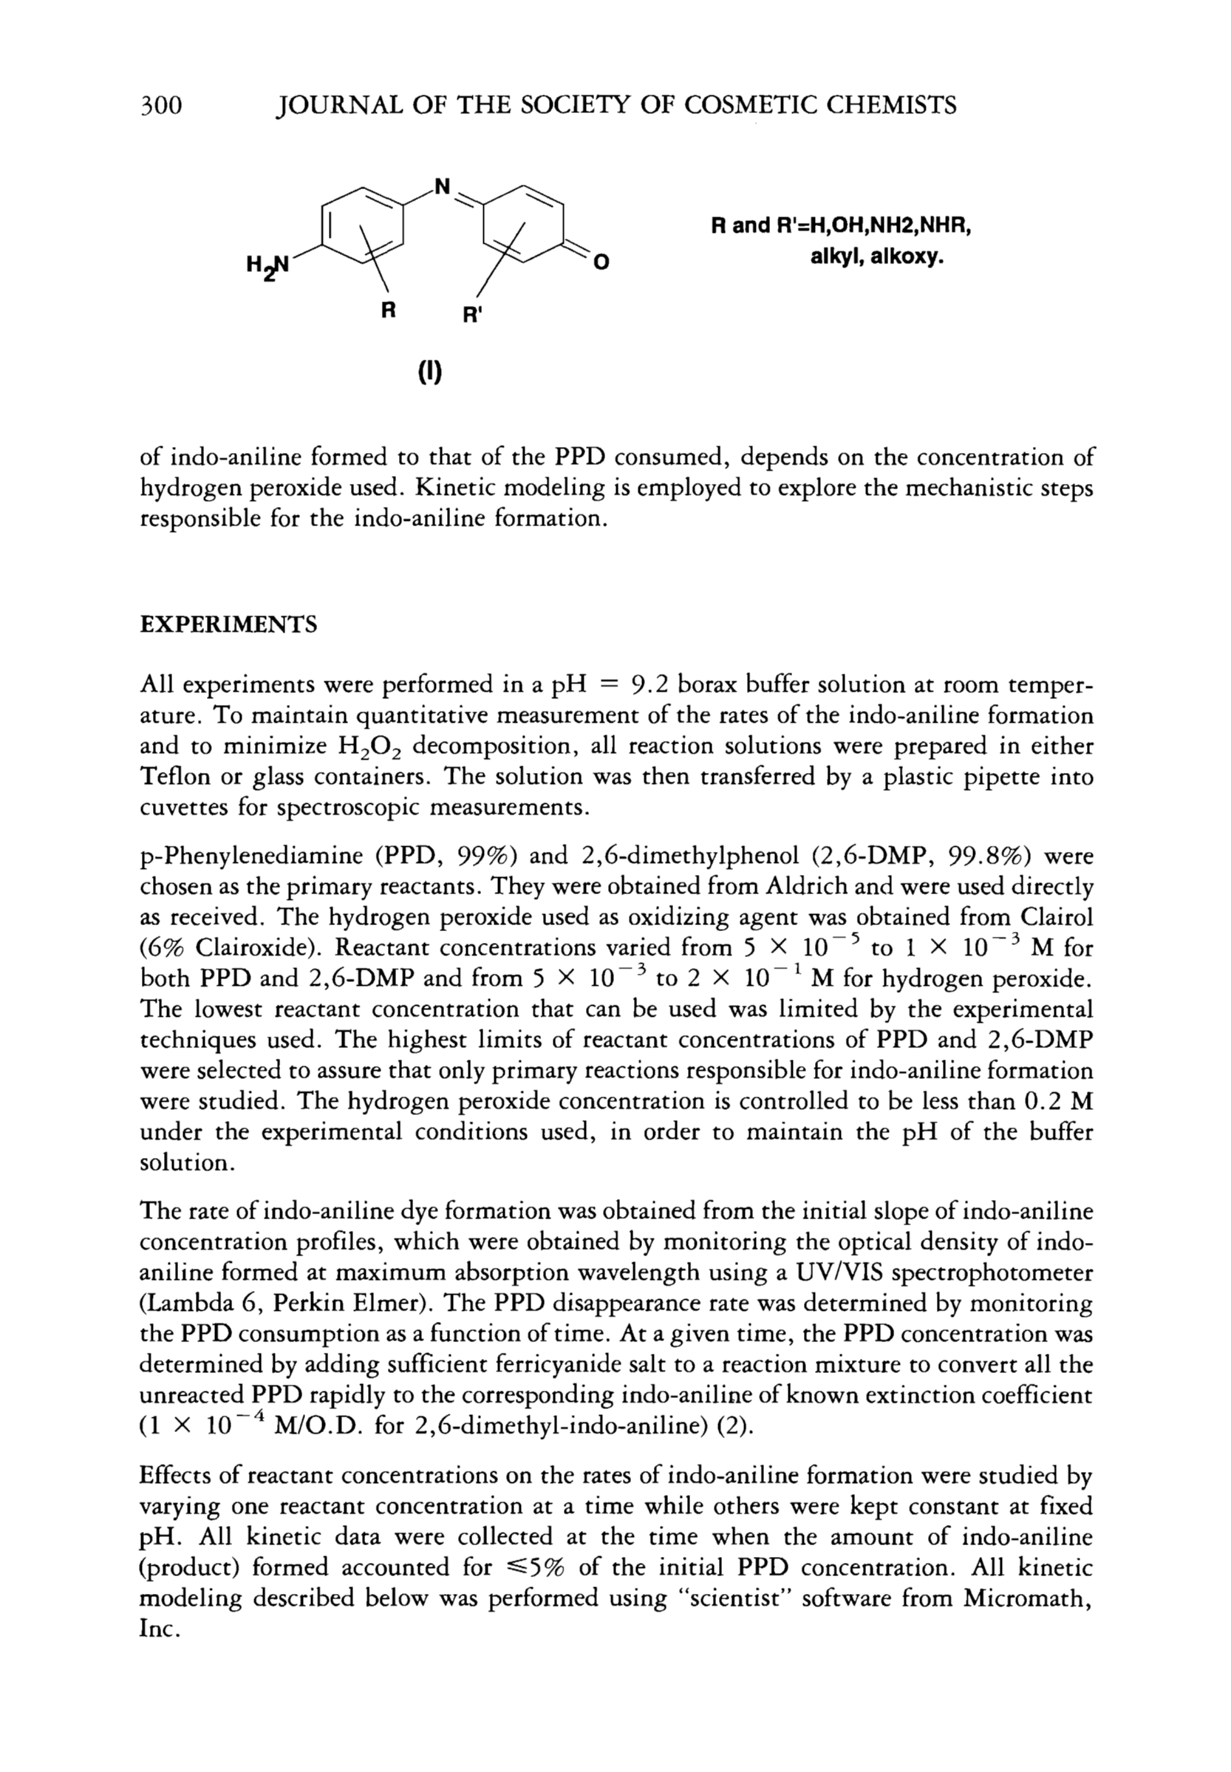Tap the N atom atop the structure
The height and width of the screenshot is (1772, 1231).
click(x=442, y=187)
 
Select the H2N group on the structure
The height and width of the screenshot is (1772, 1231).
click(x=267, y=265)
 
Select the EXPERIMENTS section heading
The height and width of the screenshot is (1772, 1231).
click(x=228, y=624)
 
